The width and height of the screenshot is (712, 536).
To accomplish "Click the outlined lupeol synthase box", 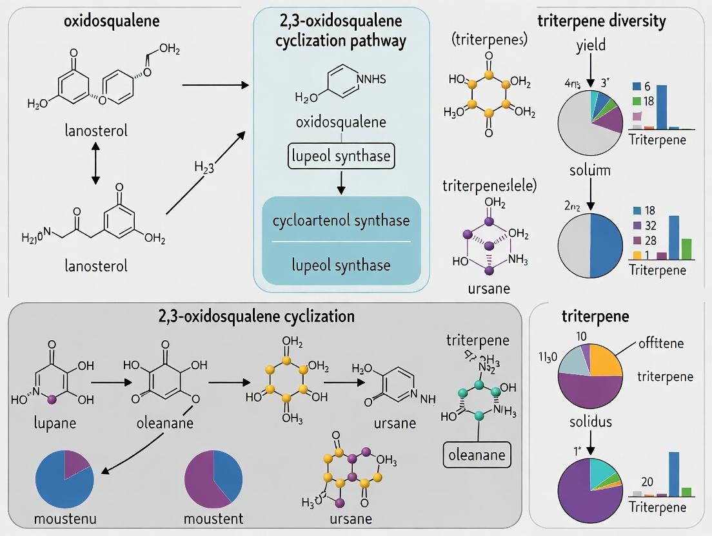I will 341,156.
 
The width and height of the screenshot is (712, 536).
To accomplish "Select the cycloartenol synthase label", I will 341,220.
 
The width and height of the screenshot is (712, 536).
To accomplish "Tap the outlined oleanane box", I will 478,455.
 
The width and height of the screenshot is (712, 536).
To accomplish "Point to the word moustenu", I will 64,519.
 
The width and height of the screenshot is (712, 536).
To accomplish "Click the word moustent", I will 213,519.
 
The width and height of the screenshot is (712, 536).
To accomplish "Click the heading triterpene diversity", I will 602,21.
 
